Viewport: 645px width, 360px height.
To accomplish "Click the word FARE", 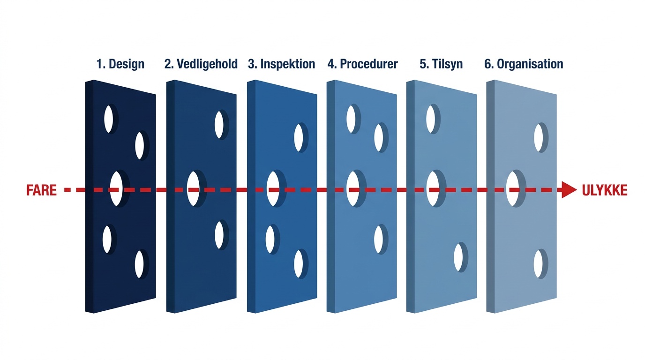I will [x=42, y=190].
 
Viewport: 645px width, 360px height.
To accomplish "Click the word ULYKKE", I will [x=604, y=190].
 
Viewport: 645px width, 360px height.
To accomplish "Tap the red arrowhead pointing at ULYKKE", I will [x=569, y=190].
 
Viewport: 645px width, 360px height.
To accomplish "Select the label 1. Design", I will [x=120, y=64].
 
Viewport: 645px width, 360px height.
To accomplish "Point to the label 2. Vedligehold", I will [x=201, y=64].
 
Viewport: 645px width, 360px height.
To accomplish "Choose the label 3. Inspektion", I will [x=281, y=64].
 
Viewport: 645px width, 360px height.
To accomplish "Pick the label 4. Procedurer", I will [x=362, y=64].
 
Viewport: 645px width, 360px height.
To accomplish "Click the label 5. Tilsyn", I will [x=441, y=64].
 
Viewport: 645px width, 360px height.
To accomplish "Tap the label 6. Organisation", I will [x=524, y=64].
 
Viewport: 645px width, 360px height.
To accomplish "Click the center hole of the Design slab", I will [x=116, y=189].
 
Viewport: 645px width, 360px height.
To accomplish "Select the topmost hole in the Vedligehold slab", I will [x=219, y=125].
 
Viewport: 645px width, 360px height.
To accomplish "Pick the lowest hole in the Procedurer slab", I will [x=379, y=239].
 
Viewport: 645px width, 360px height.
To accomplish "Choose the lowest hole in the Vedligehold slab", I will [x=219, y=235].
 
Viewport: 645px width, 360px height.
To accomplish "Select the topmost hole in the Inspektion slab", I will [x=299, y=137].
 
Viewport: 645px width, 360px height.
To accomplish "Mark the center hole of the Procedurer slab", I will [x=353, y=189].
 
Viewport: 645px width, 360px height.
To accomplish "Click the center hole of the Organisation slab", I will [x=512, y=189].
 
